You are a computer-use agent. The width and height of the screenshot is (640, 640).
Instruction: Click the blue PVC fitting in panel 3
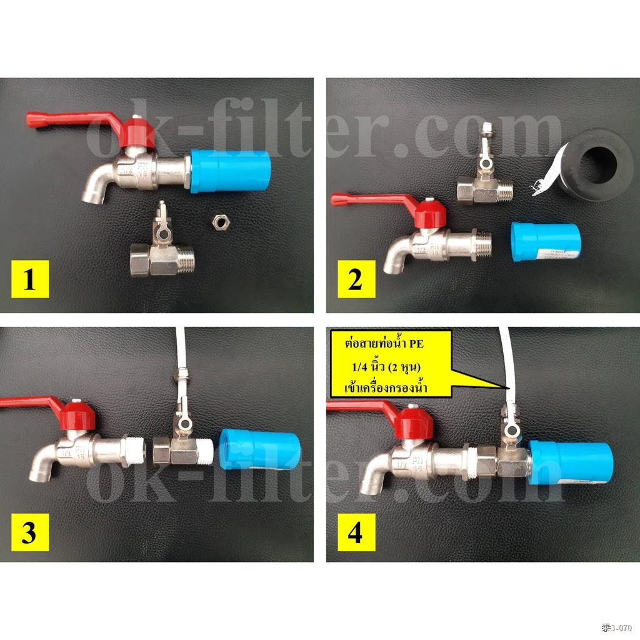pos(261,450)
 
